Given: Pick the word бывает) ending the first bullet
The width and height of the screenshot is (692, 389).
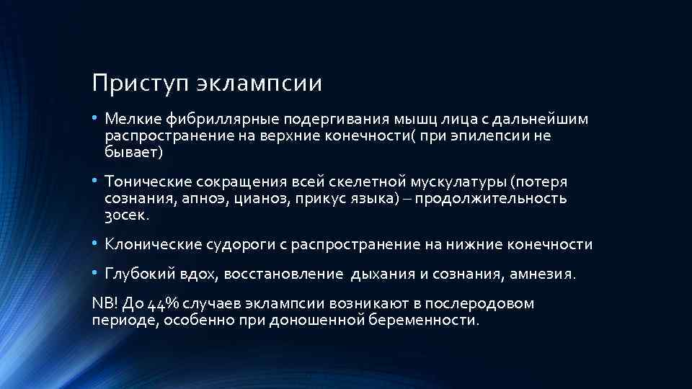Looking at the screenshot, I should [134, 152].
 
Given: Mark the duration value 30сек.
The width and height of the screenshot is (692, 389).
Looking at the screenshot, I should [127, 215].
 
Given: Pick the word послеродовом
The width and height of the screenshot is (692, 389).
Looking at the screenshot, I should [490, 303].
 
